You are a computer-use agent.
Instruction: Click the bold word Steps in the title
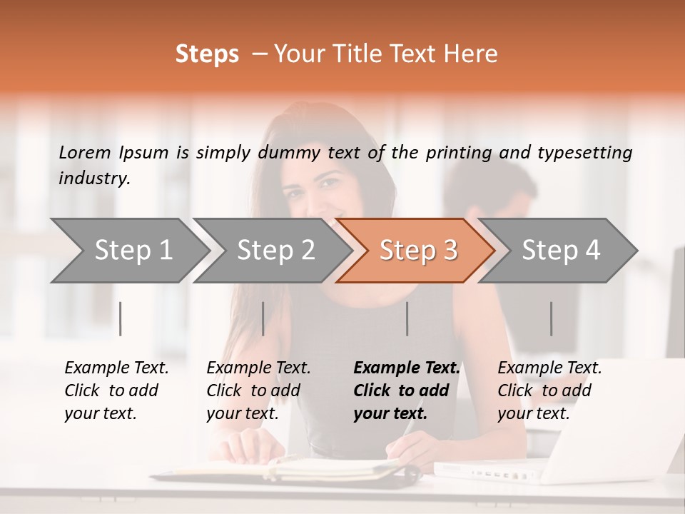click(x=207, y=54)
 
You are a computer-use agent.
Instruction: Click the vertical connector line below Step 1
click(x=121, y=318)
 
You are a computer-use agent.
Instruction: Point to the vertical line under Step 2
click(x=263, y=318)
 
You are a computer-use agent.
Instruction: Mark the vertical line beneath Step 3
click(x=407, y=318)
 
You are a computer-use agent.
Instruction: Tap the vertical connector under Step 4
click(x=552, y=318)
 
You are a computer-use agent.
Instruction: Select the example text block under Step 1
click(x=116, y=390)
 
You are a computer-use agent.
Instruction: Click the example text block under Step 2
click(x=258, y=390)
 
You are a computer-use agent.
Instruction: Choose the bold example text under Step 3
click(x=407, y=390)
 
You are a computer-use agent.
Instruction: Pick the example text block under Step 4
click(x=549, y=390)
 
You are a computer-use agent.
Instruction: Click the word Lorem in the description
click(x=85, y=152)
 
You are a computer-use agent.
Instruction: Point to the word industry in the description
click(x=94, y=178)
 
